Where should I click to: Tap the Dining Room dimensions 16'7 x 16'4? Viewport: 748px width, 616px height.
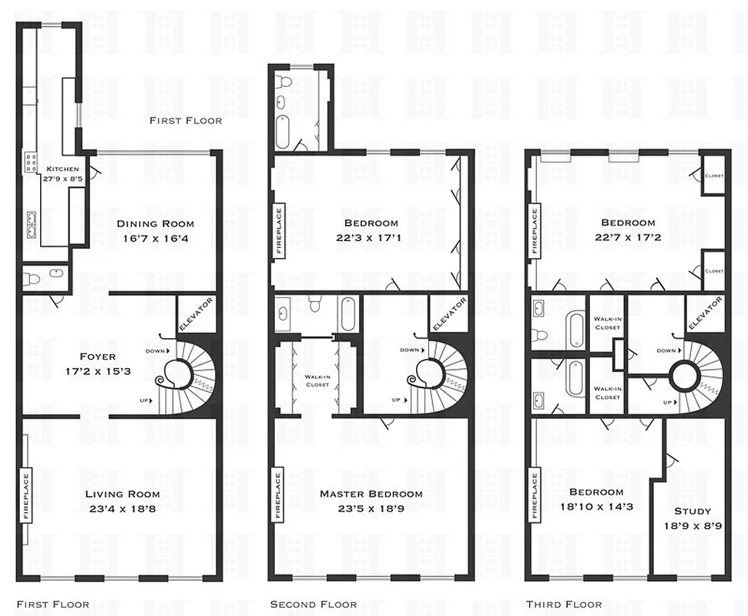(x=155, y=238)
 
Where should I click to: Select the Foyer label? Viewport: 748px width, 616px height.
(x=97, y=357)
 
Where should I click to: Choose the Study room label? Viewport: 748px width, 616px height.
(x=693, y=511)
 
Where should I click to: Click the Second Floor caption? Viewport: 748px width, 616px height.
(x=313, y=604)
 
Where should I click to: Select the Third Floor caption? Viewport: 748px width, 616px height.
(x=564, y=604)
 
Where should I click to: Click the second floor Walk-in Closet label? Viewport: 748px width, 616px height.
(x=317, y=380)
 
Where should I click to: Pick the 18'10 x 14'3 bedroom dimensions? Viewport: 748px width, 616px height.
(x=596, y=507)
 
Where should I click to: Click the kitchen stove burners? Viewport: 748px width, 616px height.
(x=32, y=162)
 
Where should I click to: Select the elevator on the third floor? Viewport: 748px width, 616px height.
(x=703, y=314)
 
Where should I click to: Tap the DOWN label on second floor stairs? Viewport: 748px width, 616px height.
(x=411, y=350)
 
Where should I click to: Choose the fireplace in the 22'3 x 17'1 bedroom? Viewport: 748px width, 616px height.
(x=279, y=229)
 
